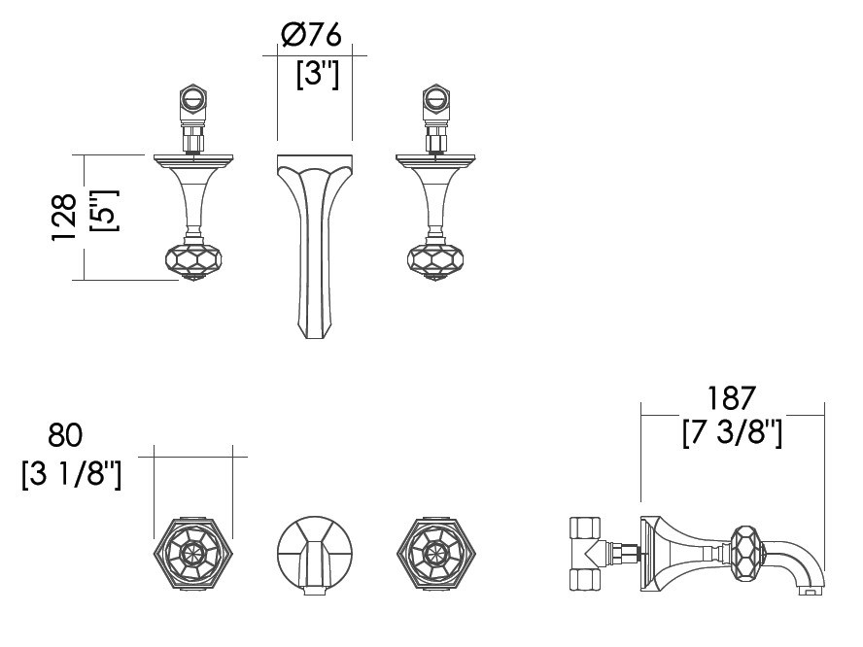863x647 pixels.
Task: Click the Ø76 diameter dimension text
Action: [x=311, y=35]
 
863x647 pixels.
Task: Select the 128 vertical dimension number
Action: [x=64, y=217]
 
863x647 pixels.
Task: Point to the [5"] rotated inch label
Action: [x=103, y=211]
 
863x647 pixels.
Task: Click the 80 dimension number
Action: [x=65, y=434]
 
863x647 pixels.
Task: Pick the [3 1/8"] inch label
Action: [x=72, y=474]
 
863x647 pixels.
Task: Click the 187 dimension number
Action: [x=731, y=398]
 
